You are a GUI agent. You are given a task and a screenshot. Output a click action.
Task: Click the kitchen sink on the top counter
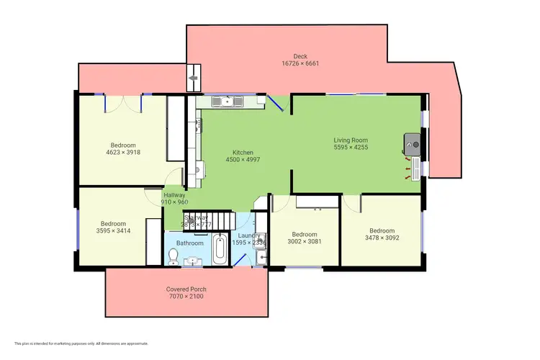pos(228,102)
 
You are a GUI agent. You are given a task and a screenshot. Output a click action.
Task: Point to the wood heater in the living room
pos(411,143)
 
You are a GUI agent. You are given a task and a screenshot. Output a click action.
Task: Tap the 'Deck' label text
pos(300,56)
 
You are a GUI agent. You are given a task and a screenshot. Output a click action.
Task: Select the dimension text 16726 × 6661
pos(300,63)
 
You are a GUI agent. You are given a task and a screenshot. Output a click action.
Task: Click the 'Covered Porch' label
pos(186,289)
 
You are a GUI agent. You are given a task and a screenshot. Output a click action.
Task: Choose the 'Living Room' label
pos(351,140)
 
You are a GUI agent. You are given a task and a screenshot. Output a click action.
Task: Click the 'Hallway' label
pos(175,195)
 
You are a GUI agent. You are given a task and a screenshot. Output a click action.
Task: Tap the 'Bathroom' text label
pos(191,243)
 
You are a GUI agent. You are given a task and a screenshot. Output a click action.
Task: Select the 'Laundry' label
pos(249,235)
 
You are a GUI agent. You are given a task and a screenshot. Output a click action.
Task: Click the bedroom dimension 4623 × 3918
pos(122,153)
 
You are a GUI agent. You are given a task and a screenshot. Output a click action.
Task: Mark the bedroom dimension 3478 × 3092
pos(381,238)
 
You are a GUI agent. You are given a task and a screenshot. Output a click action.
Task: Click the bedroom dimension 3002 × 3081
pos(305,243)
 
